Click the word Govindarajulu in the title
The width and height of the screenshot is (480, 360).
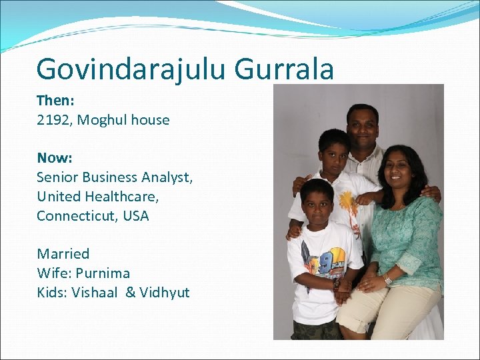130,70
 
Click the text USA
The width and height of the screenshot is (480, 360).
136,216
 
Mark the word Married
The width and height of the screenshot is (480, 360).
63,254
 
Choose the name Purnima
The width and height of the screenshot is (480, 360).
103,273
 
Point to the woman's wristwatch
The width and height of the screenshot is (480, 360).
387,280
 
